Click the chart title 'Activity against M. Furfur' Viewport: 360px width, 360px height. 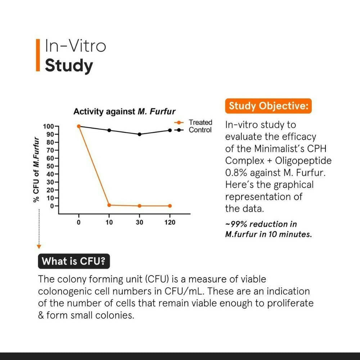click(124, 112)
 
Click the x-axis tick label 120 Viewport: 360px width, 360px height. click(170, 222)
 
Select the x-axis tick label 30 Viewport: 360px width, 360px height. click(139, 222)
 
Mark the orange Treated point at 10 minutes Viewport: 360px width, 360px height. click(109, 205)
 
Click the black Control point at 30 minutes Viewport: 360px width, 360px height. click(139, 134)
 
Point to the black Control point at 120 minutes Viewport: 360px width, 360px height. click(170, 130)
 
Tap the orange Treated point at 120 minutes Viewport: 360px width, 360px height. click(170, 206)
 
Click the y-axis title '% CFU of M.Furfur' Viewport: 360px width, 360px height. click(36, 170)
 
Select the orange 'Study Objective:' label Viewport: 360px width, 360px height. click(268, 106)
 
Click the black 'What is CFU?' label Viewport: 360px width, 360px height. click(74, 261)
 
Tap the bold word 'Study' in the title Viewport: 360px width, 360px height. click(69, 66)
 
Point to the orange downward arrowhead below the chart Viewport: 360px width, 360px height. click(39, 247)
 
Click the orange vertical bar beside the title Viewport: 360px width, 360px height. click(37, 55)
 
